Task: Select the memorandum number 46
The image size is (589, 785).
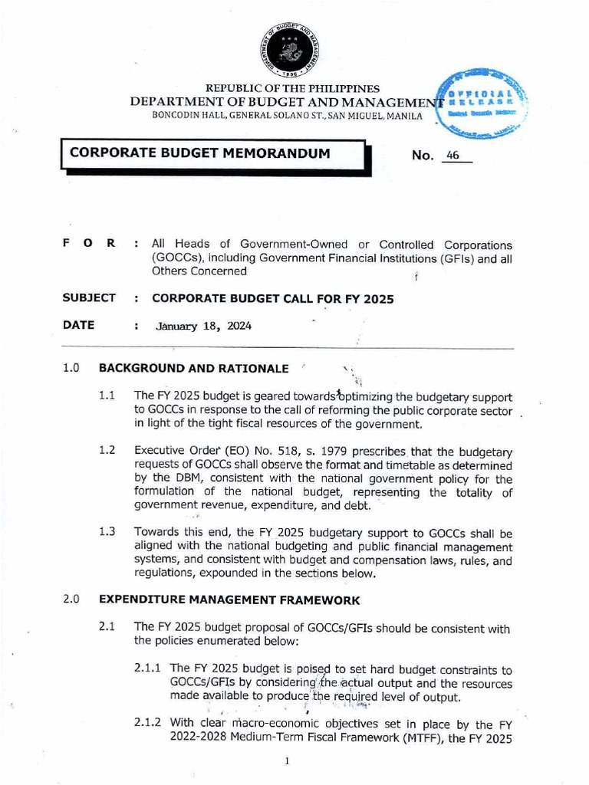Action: pyautogui.click(x=452, y=155)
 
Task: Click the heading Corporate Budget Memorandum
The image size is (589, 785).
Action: pyautogui.click(x=200, y=153)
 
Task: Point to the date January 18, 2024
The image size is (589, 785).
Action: pyautogui.click(x=203, y=326)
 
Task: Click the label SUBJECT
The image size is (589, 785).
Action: pyautogui.click(x=89, y=297)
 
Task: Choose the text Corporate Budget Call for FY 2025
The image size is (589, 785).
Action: pyautogui.click(x=273, y=298)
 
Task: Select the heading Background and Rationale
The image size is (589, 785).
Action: pyautogui.click(x=194, y=368)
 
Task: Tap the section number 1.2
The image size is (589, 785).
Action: pyautogui.click(x=107, y=450)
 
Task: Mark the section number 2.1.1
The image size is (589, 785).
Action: pyautogui.click(x=148, y=670)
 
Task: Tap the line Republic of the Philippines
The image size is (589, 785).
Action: pyautogui.click(x=287, y=89)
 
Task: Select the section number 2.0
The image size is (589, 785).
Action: pyautogui.click(x=72, y=599)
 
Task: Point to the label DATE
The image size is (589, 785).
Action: pyautogui.click(x=79, y=325)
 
